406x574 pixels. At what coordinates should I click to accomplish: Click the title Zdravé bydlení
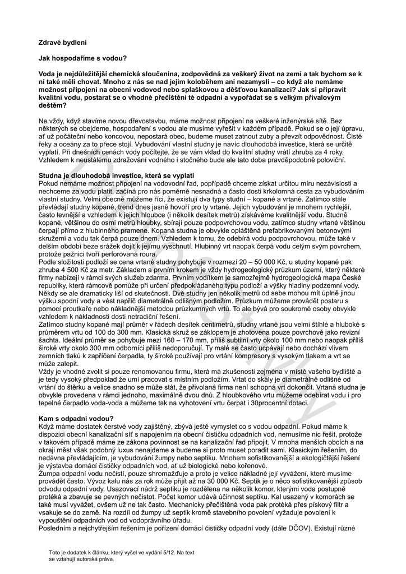click(62, 42)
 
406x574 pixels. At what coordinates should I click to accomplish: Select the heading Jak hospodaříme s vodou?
click(82, 58)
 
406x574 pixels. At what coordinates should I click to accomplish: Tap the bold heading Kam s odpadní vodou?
click(76, 419)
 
